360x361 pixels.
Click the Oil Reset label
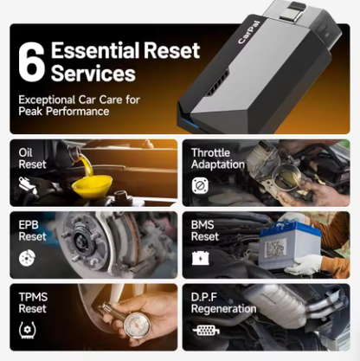point(32,158)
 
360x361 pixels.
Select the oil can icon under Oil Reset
point(27,184)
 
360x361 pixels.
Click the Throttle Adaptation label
point(219,158)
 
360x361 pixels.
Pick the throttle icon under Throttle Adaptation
point(199,185)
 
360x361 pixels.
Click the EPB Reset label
point(32,230)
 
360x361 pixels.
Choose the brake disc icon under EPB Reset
point(27,257)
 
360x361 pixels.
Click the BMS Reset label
point(205,230)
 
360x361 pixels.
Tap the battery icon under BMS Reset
point(200,257)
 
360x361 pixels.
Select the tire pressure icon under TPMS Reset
point(27,329)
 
